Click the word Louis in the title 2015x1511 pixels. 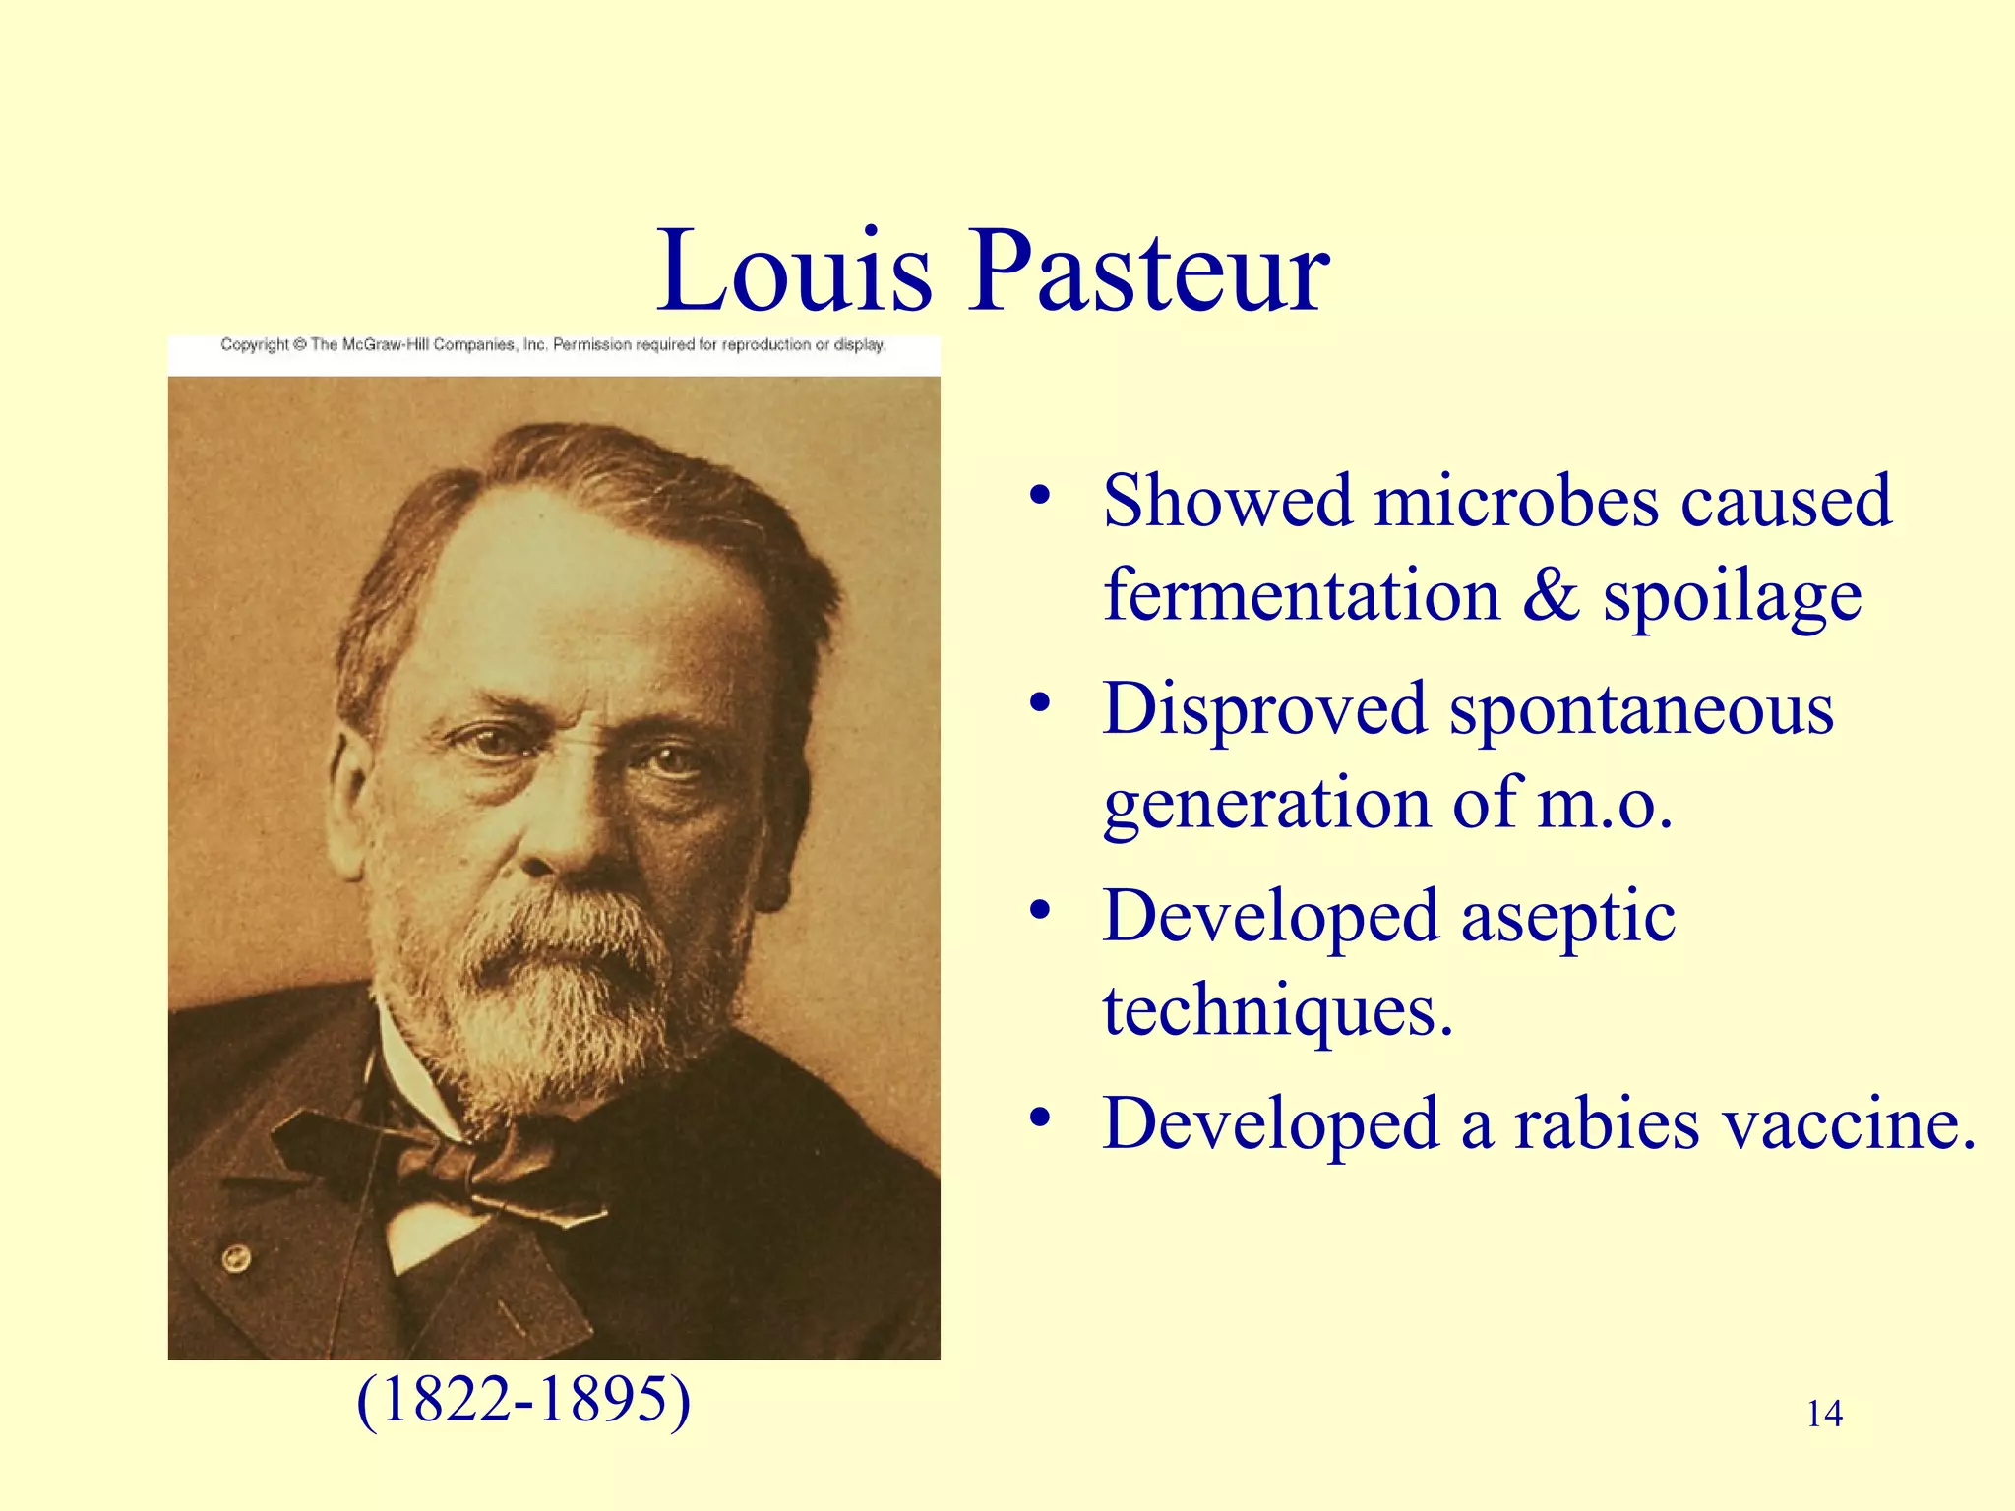(x=795, y=271)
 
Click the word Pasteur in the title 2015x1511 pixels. (x=1151, y=271)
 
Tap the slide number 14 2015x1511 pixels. (x=1824, y=1414)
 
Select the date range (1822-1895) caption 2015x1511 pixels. (x=523, y=1399)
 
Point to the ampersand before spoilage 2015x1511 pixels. (x=1551, y=595)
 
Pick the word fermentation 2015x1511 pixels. (x=1301, y=595)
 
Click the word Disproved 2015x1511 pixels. (x=1263, y=708)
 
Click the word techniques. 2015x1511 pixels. (x=1277, y=1011)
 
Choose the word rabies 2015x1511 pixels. (x=1606, y=1123)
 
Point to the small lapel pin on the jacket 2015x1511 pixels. (x=236, y=1256)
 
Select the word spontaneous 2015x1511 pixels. (x=1641, y=708)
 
